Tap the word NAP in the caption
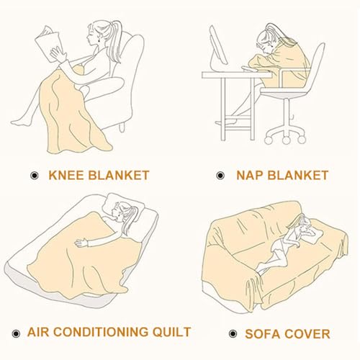pyautogui.click(x=250, y=175)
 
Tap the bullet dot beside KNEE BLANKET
pyautogui.click(x=35, y=176)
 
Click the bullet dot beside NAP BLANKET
pyautogui.click(x=220, y=176)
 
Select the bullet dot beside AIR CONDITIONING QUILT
pyautogui.click(x=16, y=333)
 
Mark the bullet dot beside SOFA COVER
pyautogui.click(x=233, y=333)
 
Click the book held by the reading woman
pyautogui.click(x=48, y=43)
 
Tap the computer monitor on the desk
pyautogui.click(x=218, y=47)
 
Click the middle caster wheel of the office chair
pyautogui.click(x=286, y=140)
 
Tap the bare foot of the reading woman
pyautogui.click(x=20, y=122)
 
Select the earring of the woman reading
pyautogui.click(x=99, y=41)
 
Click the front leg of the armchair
pyautogui.click(x=122, y=127)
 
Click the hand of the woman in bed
pyautogui.click(x=81, y=243)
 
